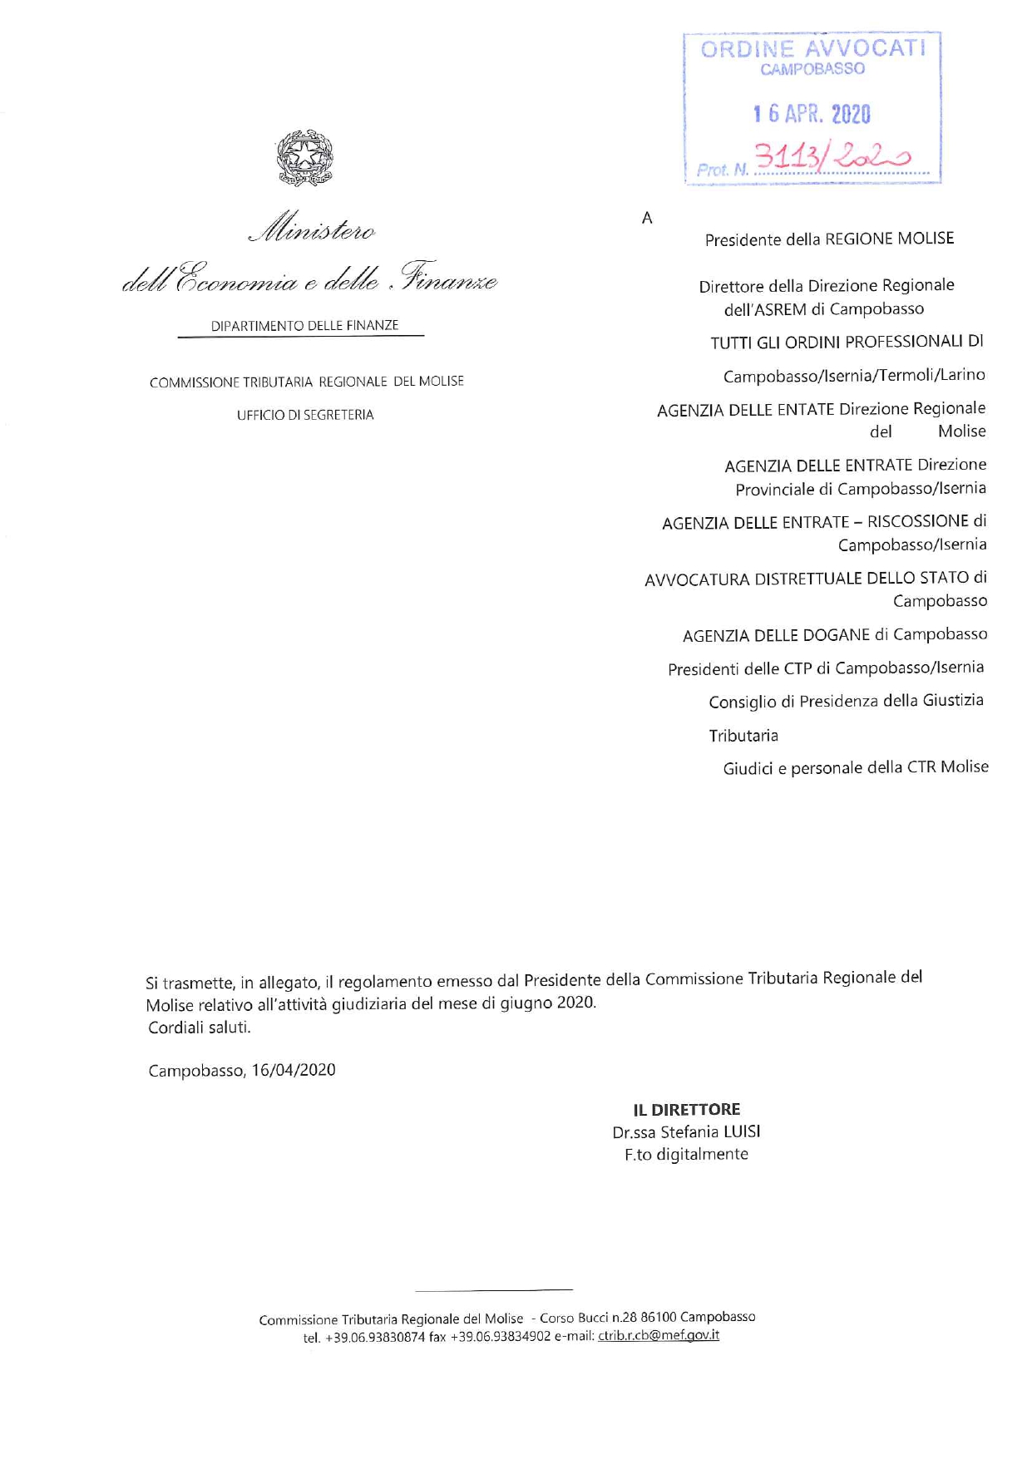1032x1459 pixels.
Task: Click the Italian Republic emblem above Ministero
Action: click(x=304, y=157)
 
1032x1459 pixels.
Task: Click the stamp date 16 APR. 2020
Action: click(x=812, y=114)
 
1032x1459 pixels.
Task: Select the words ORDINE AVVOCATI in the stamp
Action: click(x=812, y=48)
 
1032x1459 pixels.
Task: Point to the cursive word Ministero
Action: click(x=313, y=229)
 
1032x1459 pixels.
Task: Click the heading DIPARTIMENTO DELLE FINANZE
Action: click(x=304, y=326)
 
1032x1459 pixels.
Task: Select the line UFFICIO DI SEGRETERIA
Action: click(x=305, y=415)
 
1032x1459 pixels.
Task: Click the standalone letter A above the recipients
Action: click(x=647, y=219)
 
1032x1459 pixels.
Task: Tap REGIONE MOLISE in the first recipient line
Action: click(x=889, y=239)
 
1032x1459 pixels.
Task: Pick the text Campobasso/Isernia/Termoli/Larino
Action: click(x=854, y=376)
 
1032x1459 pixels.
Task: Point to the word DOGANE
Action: click(x=837, y=635)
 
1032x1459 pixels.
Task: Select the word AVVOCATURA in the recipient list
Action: click(x=697, y=579)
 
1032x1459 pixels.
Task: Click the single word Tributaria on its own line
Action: click(x=743, y=736)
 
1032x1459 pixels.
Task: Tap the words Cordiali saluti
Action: click(x=200, y=1028)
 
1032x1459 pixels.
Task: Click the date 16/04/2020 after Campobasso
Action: click(x=294, y=1070)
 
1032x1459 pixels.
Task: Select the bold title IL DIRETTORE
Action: click(x=687, y=1110)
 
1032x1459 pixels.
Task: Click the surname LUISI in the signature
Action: click(x=742, y=1131)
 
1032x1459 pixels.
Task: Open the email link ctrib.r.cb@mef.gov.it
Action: click(x=659, y=1336)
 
